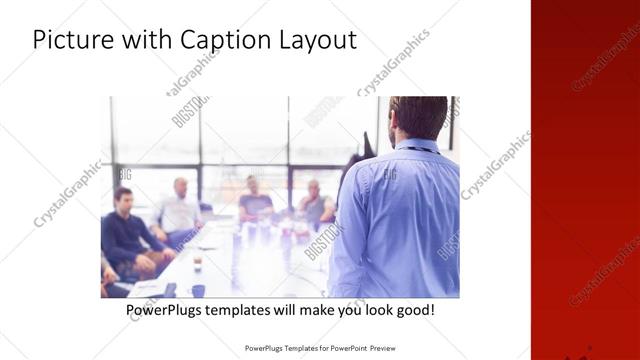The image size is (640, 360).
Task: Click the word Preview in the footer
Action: [377, 349]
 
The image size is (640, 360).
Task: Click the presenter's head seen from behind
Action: [418, 117]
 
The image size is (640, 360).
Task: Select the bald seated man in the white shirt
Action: [179, 210]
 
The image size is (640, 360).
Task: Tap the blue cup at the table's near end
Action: [198, 290]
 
